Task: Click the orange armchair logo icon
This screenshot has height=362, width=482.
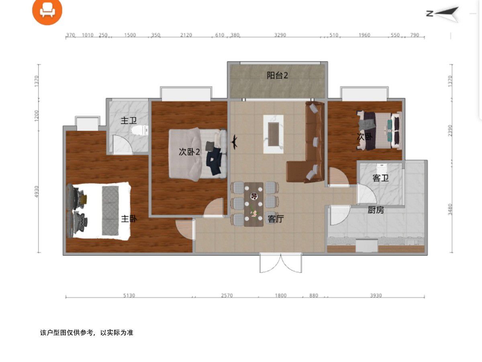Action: [47, 10]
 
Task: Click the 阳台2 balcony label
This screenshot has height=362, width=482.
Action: [277, 76]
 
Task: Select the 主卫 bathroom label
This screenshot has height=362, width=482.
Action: [129, 120]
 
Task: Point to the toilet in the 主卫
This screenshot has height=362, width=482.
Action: [140, 130]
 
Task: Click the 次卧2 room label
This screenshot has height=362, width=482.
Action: [189, 152]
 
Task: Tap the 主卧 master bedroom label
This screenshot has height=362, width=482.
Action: [129, 218]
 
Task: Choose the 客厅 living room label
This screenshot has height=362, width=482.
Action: [276, 219]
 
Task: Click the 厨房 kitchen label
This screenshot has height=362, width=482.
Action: [376, 210]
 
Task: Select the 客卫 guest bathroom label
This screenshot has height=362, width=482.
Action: [381, 178]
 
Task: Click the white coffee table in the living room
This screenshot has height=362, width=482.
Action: [274, 134]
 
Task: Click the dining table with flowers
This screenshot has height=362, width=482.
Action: [253, 204]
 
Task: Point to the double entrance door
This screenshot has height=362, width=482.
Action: [281, 263]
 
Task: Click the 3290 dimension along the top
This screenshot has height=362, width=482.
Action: [280, 35]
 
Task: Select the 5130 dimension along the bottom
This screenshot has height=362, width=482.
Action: [129, 295]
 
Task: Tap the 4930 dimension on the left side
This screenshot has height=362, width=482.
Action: [37, 192]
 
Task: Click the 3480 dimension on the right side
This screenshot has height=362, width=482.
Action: [450, 210]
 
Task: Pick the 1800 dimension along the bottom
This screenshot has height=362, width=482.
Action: [281, 295]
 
